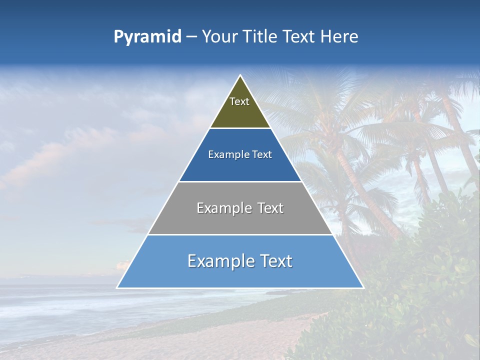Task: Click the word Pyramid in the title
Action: (147, 37)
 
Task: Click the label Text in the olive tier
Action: (239, 101)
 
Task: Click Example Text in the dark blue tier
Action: (240, 154)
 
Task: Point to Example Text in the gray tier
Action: (240, 208)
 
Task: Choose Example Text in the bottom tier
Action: (240, 261)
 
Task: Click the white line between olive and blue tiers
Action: (240, 128)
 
